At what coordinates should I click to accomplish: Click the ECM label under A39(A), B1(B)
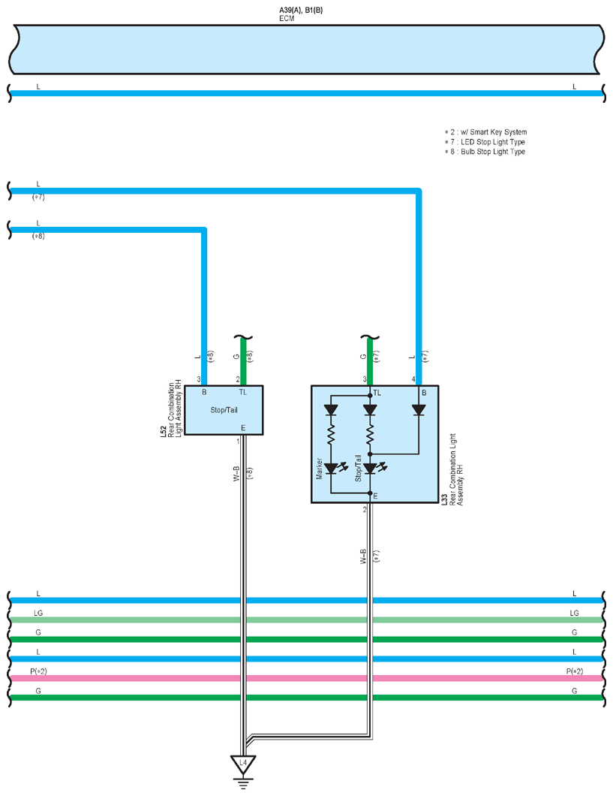(287, 18)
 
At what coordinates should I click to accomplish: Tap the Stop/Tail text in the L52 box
(224, 410)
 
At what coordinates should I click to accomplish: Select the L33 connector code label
(444, 499)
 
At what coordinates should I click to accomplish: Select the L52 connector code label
(164, 432)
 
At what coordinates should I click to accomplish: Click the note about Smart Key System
(486, 132)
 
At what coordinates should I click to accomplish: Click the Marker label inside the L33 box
(320, 469)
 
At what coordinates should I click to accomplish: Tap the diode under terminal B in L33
(419, 410)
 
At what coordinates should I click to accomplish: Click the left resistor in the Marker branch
(331, 435)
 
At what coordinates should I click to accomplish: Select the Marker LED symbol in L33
(334, 468)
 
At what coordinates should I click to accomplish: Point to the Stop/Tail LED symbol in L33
(373, 468)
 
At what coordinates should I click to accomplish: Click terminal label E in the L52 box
(243, 428)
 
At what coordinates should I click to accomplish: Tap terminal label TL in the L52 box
(243, 392)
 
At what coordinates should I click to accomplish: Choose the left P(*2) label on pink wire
(38, 671)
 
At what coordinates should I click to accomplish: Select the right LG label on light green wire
(574, 613)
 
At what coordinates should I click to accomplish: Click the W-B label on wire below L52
(236, 474)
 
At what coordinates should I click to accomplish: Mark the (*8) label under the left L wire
(38, 236)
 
